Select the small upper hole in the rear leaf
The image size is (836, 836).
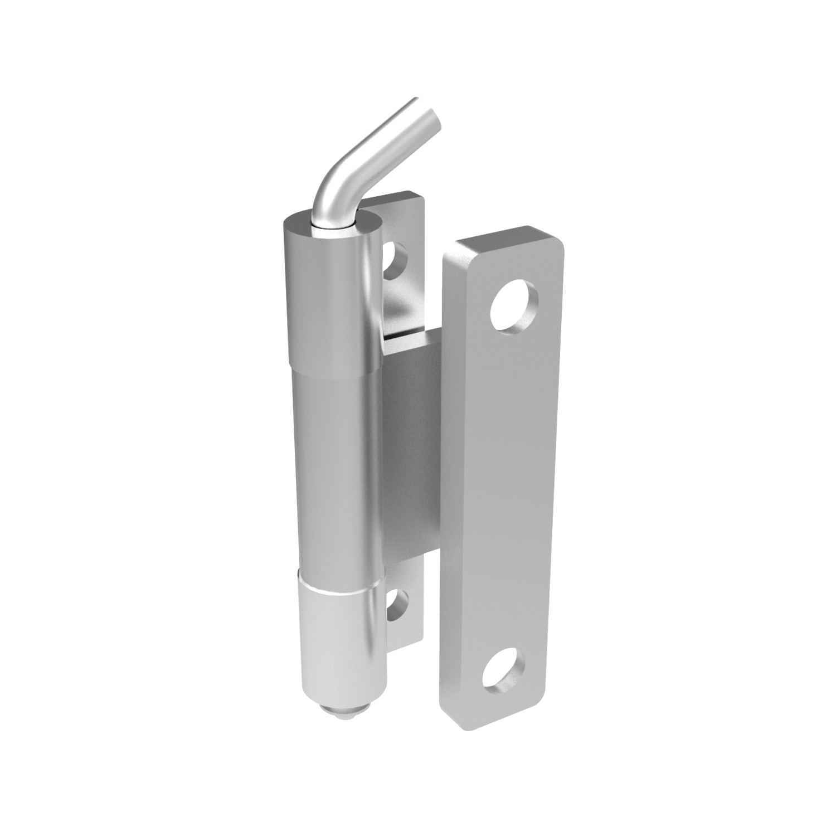click(x=396, y=260)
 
